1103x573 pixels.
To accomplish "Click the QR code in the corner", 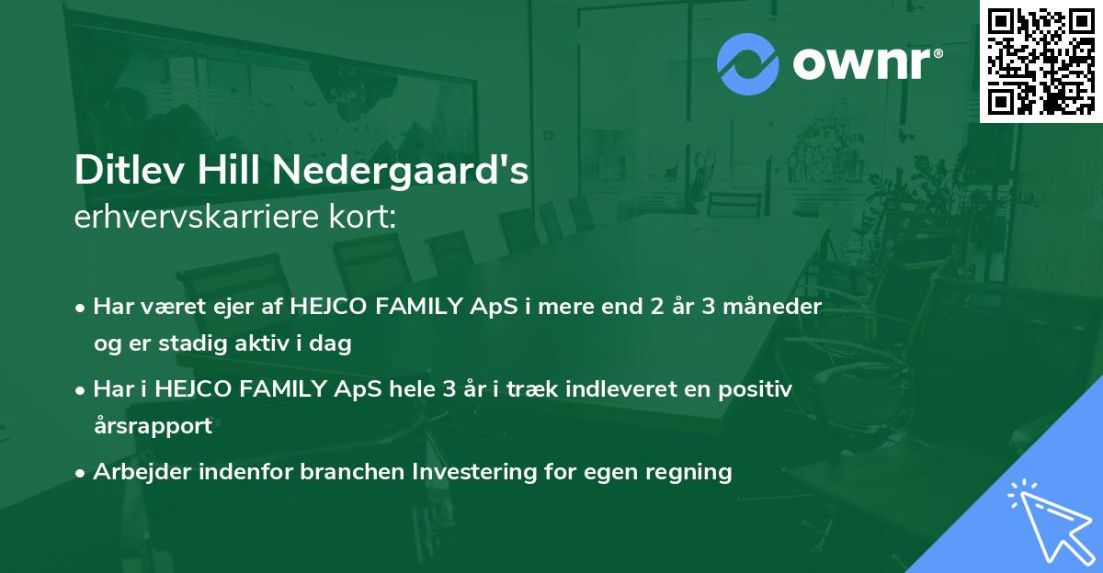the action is [1040, 61].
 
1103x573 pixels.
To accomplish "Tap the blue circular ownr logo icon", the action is [748, 64].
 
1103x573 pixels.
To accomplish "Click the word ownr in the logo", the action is [862, 63].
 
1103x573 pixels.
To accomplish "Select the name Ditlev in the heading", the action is [130, 170].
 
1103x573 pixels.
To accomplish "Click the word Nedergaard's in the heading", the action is [401, 170].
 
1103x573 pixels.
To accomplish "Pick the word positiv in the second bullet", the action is [755, 389].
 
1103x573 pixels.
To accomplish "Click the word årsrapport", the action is [154, 426].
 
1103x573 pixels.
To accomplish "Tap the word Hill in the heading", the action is [229, 170].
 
